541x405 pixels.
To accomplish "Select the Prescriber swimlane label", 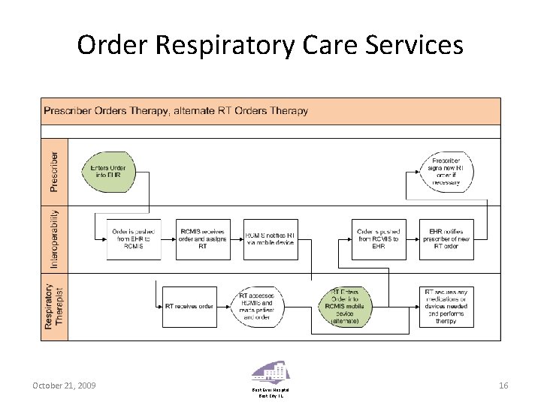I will click(53, 172).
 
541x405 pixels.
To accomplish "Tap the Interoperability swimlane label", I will click(53, 238).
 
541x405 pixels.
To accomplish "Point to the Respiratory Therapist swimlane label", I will click(53, 307).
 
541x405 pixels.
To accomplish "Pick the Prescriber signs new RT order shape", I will click(446, 172).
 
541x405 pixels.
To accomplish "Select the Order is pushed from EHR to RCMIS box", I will click(134, 239).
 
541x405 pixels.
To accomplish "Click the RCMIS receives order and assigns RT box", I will click(203, 239).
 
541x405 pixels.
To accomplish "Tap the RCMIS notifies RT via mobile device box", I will click(271, 239).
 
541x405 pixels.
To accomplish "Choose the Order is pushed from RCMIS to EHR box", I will click(379, 239).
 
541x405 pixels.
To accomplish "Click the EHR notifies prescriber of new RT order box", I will click(446, 239).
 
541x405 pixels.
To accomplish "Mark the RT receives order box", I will click(189, 307).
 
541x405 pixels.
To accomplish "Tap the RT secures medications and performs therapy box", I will click(446, 307).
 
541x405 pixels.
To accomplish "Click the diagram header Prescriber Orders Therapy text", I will click(175, 111).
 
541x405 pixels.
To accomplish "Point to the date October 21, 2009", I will click(64, 385).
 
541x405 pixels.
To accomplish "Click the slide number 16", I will click(503, 385).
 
